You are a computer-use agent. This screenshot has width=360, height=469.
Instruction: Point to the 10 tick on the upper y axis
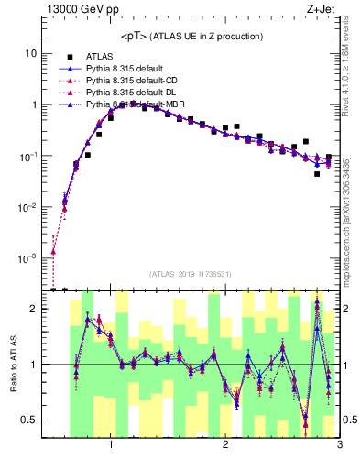point(30,54)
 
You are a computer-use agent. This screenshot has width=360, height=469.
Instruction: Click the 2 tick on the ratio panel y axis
point(34,310)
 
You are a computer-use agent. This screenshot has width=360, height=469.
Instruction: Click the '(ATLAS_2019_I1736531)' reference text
point(191,274)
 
